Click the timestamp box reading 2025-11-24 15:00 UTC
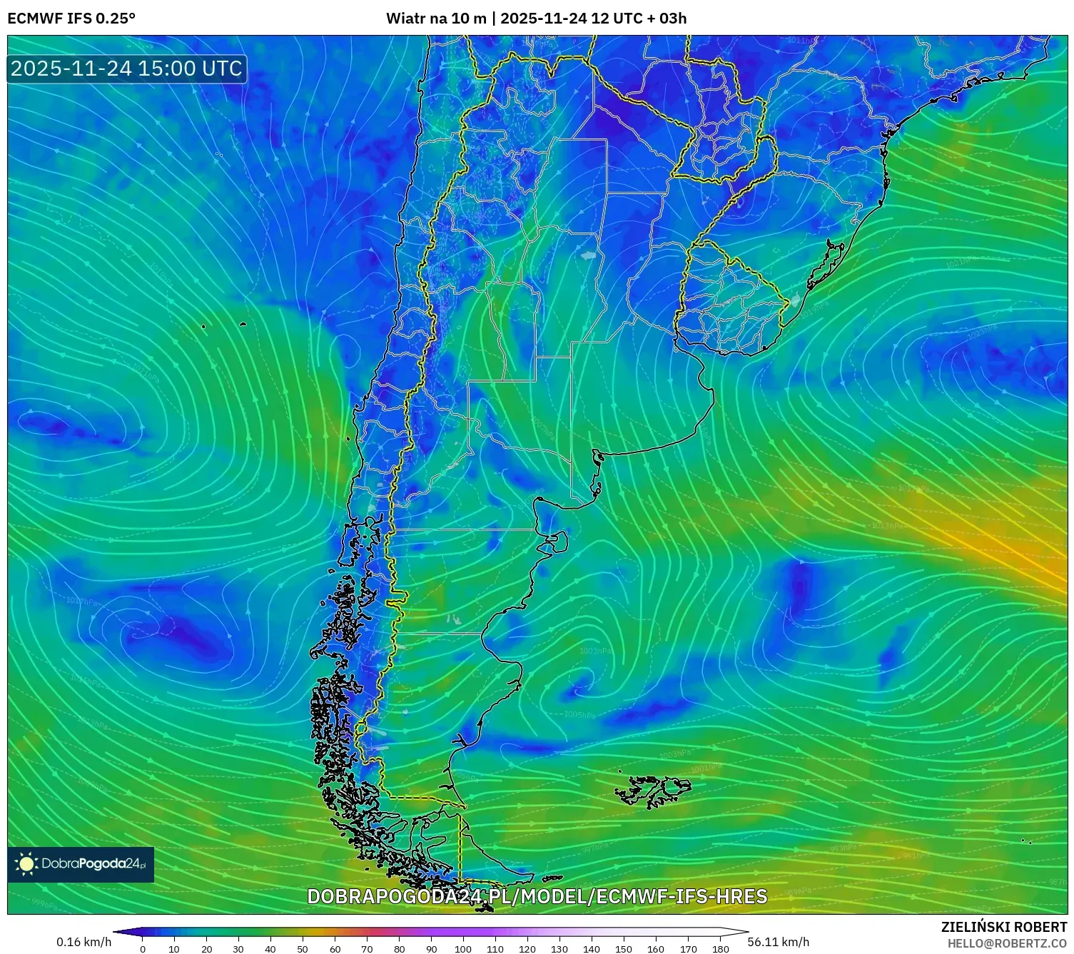click(127, 68)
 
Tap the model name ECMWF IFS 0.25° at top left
click(71, 19)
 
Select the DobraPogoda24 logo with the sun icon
click(81, 864)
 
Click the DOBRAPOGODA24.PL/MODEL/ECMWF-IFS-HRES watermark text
click(537, 896)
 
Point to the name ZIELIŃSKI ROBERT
click(1004, 928)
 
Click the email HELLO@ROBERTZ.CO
click(1007, 943)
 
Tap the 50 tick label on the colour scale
click(303, 949)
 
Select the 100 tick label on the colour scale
click(463, 949)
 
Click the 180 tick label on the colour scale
click(720, 949)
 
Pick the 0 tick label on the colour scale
click(143, 949)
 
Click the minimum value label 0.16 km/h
click(84, 942)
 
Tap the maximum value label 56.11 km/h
click(779, 942)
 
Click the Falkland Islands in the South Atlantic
click(653, 791)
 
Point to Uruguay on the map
click(731, 300)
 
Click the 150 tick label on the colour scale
click(624, 949)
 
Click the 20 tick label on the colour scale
click(206, 949)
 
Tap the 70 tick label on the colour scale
click(367, 949)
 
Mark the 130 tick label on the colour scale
click(559, 949)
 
